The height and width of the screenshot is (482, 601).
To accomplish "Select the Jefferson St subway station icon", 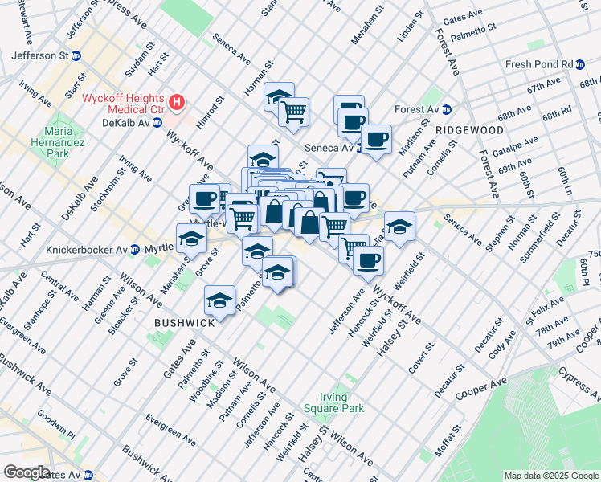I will tap(76, 55).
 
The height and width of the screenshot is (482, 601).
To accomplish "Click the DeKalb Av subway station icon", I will tap(157, 123).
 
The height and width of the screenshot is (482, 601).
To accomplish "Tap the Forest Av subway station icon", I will tap(446, 109).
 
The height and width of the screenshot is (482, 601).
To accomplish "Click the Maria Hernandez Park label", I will tap(64, 141).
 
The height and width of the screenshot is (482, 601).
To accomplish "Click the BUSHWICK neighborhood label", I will tap(184, 322).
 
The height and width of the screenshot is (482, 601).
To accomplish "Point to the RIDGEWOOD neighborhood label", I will tap(469, 129).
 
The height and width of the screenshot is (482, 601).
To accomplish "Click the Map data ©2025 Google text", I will tap(551, 476).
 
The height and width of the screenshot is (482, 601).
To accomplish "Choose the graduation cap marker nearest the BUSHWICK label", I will tap(219, 300).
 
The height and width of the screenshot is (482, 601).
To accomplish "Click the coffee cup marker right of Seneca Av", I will tap(376, 139).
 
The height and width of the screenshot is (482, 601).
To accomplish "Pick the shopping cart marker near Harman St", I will tap(294, 111).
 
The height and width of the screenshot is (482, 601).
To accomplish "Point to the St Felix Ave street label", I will tap(545, 308).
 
